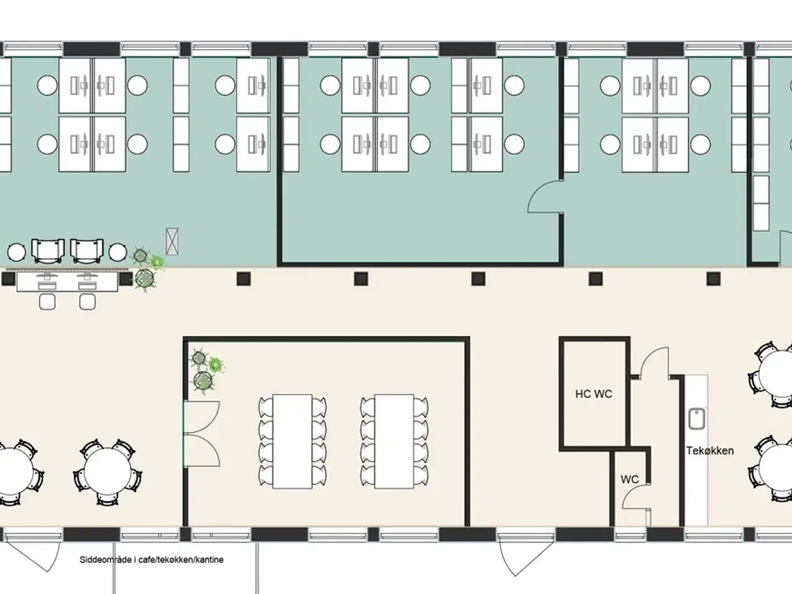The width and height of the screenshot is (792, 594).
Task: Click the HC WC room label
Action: [x=593, y=394]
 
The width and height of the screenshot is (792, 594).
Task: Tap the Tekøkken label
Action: [x=710, y=451]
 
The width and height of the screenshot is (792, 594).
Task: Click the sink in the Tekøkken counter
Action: [x=696, y=419]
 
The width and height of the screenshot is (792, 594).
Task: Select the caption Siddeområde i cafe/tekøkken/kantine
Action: [x=151, y=560]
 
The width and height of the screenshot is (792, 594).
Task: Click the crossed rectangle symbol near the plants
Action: [x=172, y=241]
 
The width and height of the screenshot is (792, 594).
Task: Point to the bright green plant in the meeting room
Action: [x=215, y=365]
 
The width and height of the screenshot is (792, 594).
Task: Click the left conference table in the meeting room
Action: [x=292, y=441]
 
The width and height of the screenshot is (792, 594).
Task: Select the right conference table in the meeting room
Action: [x=394, y=441]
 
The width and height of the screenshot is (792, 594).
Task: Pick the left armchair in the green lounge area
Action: [x=48, y=251]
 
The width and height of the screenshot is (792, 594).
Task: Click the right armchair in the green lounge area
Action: [x=87, y=251]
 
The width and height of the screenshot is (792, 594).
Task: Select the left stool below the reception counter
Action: [x=47, y=301]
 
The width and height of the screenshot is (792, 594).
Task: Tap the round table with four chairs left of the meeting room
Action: [x=108, y=471]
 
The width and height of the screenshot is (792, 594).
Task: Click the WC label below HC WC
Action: [x=630, y=480]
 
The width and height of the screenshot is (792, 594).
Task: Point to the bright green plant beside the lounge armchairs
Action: [x=157, y=262]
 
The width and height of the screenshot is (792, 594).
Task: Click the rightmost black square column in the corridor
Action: [x=713, y=279]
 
